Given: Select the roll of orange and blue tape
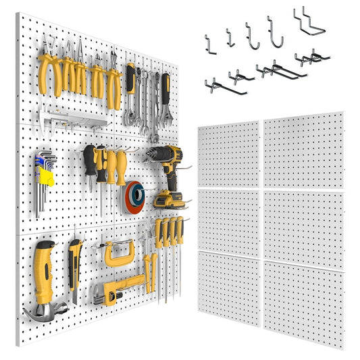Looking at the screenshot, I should pyautogui.click(x=133, y=197).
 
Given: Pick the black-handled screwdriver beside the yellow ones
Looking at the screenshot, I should pyautogui.click(x=90, y=166).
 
